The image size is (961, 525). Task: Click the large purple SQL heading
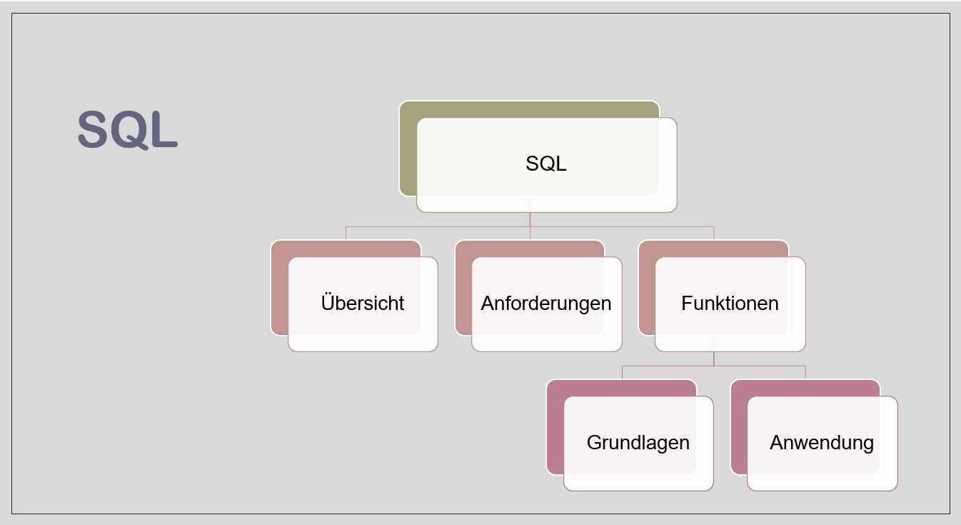(127, 129)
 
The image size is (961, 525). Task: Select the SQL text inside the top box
(546, 164)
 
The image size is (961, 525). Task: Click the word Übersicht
(363, 303)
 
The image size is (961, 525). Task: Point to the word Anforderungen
(546, 303)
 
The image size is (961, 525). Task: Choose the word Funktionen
(730, 303)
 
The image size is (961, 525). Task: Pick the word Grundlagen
(638, 442)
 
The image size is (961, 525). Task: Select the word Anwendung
(822, 442)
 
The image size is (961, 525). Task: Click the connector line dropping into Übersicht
(346, 233)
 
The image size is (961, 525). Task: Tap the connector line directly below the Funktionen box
(714, 359)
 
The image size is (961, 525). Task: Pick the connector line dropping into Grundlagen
(623, 372)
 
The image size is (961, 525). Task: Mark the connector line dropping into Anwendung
(806, 372)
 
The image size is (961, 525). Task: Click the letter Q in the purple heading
(129, 129)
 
